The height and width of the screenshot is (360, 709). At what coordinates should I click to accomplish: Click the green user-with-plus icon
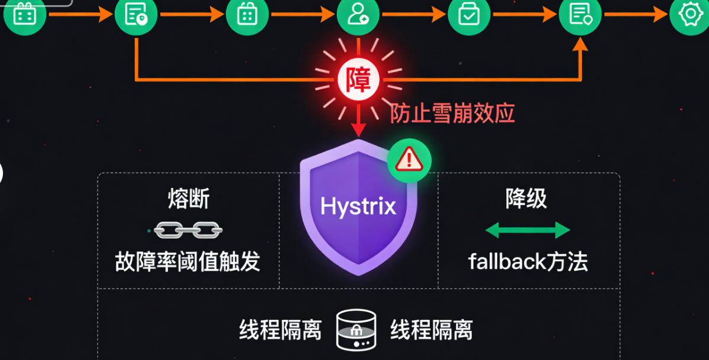click(358, 14)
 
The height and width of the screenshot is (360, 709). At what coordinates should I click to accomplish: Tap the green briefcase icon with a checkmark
click(468, 14)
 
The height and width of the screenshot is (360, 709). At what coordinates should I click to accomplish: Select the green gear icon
click(689, 14)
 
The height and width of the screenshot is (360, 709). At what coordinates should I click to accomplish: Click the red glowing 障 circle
click(358, 80)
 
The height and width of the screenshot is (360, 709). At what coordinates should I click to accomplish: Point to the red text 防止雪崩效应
click(452, 112)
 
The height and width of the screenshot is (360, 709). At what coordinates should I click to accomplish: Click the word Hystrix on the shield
click(358, 206)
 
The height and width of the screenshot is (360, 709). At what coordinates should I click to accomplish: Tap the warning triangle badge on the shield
click(409, 160)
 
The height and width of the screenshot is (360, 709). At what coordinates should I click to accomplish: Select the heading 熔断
click(189, 200)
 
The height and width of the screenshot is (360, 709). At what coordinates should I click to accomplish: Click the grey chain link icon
click(187, 229)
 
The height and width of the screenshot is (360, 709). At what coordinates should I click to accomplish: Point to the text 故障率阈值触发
click(187, 261)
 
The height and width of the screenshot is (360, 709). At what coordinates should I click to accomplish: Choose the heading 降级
click(526, 199)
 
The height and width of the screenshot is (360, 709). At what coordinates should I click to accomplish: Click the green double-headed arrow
click(527, 230)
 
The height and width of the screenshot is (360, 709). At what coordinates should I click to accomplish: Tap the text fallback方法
click(528, 261)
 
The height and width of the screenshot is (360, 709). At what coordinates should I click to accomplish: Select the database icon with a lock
click(356, 329)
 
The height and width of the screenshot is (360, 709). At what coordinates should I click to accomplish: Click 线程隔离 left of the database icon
click(280, 330)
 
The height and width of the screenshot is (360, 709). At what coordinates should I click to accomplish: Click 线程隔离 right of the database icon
click(432, 330)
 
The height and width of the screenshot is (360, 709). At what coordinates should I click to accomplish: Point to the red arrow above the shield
click(358, 121)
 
